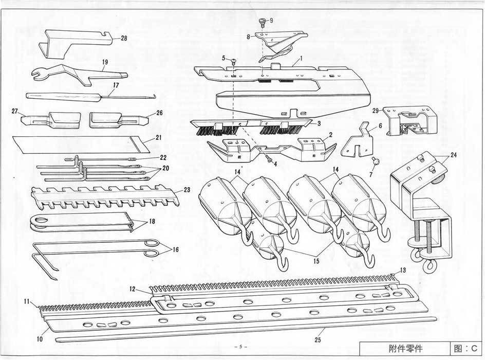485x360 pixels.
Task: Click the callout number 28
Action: (124, 38)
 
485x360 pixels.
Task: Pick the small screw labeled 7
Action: (376, 161)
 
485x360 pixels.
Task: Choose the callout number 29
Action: (376, 110)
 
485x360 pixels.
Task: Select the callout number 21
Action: (159, 138)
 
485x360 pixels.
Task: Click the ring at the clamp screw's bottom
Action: (428, 266)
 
